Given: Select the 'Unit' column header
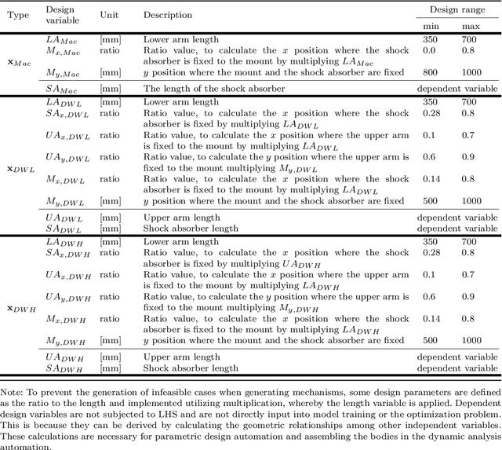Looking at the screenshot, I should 110,15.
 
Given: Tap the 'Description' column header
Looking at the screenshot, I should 167,15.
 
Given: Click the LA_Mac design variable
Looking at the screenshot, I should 64,38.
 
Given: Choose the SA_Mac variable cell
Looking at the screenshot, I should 64,89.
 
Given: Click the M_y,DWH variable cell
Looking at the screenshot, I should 67,341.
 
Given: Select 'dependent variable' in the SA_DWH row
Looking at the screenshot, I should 457,368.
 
